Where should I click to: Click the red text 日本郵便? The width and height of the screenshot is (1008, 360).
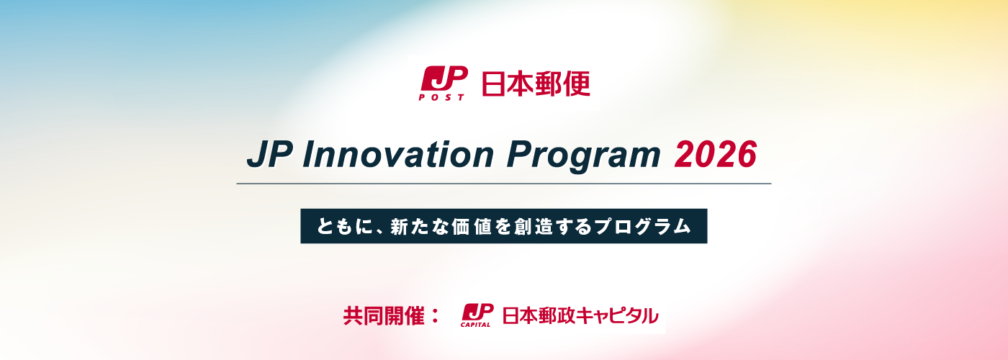536,84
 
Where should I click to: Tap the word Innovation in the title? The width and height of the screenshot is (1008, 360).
398,155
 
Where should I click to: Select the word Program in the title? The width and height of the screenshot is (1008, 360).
584,157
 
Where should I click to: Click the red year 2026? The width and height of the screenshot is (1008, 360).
716,155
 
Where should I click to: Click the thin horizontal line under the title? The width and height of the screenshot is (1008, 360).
504,184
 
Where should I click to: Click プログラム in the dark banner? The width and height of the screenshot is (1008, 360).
642,226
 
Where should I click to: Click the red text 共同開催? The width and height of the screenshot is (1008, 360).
384,315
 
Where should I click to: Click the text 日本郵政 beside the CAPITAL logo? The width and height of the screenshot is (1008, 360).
539,315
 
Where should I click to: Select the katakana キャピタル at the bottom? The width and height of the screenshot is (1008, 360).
617,315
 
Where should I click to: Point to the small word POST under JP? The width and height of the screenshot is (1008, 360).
441,97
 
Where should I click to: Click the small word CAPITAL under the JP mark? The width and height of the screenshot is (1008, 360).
475,325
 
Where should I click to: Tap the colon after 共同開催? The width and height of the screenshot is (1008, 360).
435,316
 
